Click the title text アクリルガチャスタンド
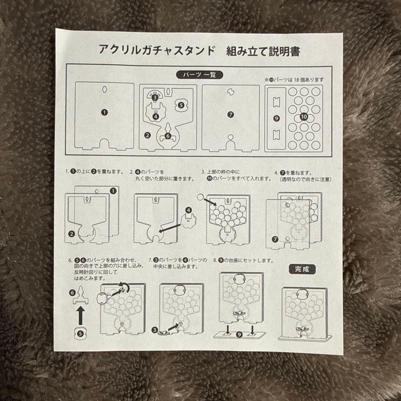click(x=156, y=50)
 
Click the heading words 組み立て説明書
click(x=263, y=51)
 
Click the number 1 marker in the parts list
click(x=104, y=112)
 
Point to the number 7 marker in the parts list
click(x=231, y=115)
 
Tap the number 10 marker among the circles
click(x=304, y=117)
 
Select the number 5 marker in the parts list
click(x=181, y=105)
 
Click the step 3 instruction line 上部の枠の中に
click(x=221, y=172)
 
